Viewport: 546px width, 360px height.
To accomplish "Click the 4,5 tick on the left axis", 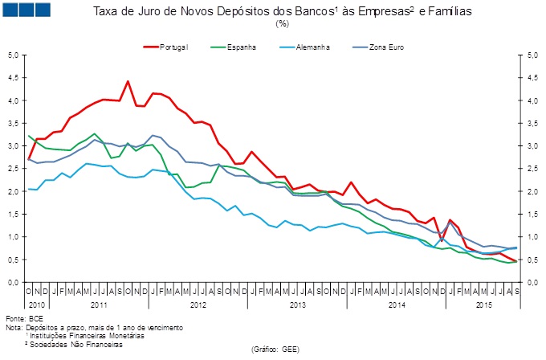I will (13, 78).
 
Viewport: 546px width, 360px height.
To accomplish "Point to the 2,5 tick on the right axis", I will (532, 169).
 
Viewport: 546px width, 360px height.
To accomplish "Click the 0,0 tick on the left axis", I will (13, 283).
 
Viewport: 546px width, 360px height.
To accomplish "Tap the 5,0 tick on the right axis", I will (532, 55).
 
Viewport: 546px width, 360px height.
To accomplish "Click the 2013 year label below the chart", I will (298, 305).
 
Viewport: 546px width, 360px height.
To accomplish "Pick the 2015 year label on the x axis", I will (484, 305).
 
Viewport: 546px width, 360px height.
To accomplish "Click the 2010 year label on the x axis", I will (36, 305).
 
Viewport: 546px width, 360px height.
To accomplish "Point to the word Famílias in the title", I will (448, 12).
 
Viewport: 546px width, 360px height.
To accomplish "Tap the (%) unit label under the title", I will (282, 23).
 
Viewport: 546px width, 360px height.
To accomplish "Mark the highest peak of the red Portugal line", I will (128, 81).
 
